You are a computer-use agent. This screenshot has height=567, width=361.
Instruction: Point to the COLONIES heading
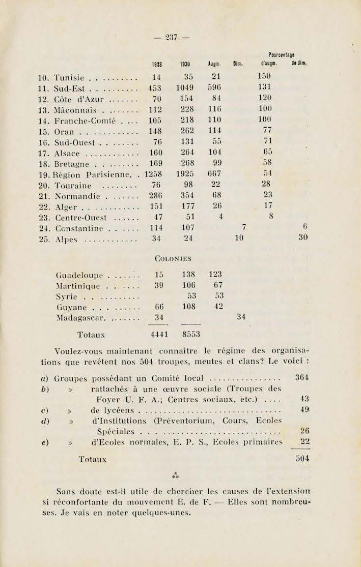click(172, 259)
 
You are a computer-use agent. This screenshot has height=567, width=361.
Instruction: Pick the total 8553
click(190, 335)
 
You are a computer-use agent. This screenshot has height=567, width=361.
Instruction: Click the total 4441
click(160, 335)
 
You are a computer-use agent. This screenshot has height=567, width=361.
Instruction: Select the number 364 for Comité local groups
click(302, 378)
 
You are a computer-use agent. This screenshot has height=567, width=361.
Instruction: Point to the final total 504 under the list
click(302, 458)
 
